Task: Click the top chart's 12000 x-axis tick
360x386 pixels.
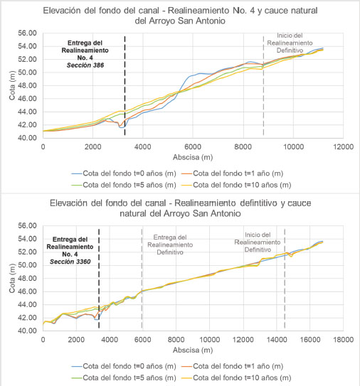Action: coord(343,147)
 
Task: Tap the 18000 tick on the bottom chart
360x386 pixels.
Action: coord(343,340)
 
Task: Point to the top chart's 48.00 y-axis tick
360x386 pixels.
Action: coord(27,85)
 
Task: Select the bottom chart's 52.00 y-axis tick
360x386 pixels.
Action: coord(27,252)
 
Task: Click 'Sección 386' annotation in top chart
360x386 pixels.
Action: coord(85,65)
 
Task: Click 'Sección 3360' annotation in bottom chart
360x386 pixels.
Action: coord(70,262)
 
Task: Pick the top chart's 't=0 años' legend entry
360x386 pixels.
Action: coord(124,173)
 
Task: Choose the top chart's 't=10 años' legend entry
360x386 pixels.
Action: coord(236,185)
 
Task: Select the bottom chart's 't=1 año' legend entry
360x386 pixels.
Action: coord(232,366)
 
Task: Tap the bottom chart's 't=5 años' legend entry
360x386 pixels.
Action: coord(124,377)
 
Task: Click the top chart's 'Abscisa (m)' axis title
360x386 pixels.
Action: coord(193,157)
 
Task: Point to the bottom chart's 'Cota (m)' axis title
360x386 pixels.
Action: coord(12,278)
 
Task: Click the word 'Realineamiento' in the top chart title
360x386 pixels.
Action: coord(198,11)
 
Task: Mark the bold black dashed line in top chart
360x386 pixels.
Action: coord(125,86)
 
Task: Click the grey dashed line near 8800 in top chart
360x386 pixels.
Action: coord(263,86)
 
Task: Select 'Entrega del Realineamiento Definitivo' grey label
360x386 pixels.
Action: coord(170,245)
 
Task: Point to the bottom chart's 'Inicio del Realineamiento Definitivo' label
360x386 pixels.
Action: coord(258,242)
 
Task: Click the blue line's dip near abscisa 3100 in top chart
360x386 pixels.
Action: coord(121,127)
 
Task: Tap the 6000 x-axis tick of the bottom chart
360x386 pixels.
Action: coord(143,340)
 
